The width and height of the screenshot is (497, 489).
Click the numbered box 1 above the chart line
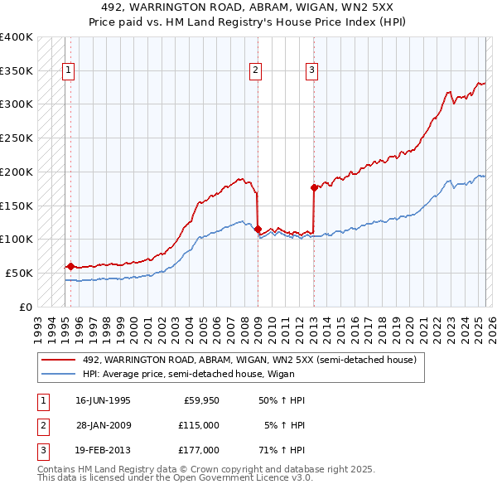(x=67, y=70)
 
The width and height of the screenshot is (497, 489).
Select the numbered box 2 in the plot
(x=256, y=70)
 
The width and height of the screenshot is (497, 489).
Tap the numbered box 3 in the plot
(x=311, y=70)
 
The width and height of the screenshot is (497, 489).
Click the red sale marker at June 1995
(x=70, y=266)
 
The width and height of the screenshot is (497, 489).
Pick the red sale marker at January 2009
(x=258, y=229)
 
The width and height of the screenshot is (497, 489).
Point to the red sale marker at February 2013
(x=314, y=187)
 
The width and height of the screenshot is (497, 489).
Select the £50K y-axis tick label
(x=20, y=273)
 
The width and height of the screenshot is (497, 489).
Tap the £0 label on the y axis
(x=27, y=307)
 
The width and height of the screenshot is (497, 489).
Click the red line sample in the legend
(x=59, y=360)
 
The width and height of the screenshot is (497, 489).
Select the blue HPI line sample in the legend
(x=59, y=374)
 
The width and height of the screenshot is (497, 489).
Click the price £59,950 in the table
(x=201, y=400)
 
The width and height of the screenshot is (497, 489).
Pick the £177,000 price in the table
(x=199, y=450)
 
